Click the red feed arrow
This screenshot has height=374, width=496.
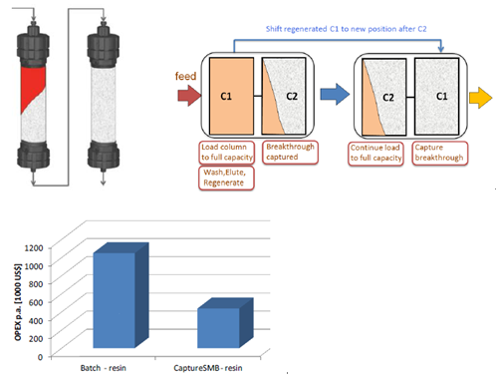[189, 96]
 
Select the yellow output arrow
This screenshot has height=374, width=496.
[480, 98]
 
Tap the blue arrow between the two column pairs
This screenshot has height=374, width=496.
[335, 94]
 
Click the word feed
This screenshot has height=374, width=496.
[185, 76]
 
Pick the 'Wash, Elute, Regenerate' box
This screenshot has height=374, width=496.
[226, 178]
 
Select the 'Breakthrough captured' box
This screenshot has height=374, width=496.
[290, 153]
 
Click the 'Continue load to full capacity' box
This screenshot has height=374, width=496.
[375, 154]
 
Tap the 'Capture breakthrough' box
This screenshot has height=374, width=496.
[440, 154]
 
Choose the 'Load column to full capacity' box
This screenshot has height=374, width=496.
[227, 153]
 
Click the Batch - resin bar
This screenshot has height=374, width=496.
[115, 300]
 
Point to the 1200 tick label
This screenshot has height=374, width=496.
[34, 248]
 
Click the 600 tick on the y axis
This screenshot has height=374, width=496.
[36, 302]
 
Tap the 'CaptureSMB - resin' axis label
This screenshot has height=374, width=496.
[208, 368]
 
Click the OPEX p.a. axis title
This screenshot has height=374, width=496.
[18, 302]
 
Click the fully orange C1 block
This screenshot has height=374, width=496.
[231, 96]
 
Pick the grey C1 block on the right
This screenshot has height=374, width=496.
[437, 97]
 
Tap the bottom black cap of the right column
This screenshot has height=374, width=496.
[104, 156]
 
